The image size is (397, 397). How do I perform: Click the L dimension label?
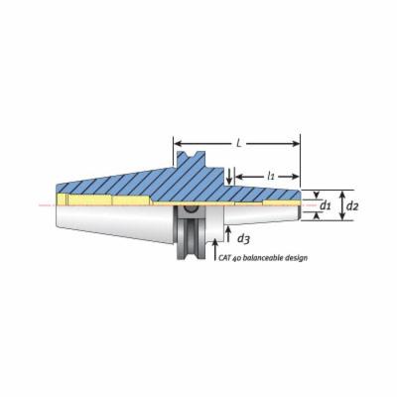238,144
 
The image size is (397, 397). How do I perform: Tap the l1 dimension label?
271,176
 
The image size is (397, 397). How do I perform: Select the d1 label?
326,206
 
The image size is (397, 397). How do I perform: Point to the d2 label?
352,206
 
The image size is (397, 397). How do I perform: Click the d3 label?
243,238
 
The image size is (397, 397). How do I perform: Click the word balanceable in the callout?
262,257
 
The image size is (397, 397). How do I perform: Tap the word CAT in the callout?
224,257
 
